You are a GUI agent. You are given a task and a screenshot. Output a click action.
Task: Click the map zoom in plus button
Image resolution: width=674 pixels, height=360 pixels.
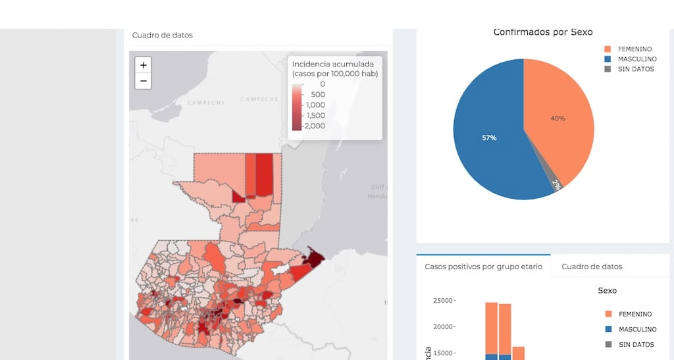pyautogui.click(x=143, y=65)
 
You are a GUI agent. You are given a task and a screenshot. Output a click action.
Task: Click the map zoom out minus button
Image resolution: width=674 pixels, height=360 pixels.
pyautogui.click(x=143, y=81)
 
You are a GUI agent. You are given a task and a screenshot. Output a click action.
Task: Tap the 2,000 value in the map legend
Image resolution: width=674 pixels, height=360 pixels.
pyautogui.click(x=314, y=126)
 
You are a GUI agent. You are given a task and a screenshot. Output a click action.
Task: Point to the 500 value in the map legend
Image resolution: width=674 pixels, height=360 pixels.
pyautogui.click(x=317, y=94)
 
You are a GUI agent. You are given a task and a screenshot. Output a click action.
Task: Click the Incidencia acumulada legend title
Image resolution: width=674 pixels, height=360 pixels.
pyautogui.click(x=334, y=64)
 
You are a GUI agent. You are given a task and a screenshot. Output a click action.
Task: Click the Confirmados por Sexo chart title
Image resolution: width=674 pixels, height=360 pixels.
pyautogui.click(x=543, y=32)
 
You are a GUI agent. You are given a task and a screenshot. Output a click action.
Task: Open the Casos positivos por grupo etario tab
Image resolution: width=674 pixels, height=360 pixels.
pyautogui.click(x=484, y=267)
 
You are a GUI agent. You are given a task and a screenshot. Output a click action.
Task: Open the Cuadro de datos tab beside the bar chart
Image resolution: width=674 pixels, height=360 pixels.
pyautogui.click(x=591, y=267)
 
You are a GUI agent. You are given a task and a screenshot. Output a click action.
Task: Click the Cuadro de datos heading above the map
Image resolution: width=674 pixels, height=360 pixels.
pyautogui.click(x=163, y=35)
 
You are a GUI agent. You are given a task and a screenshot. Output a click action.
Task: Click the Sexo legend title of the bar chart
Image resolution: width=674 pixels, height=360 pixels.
pyautogui.click(x=607, y=290)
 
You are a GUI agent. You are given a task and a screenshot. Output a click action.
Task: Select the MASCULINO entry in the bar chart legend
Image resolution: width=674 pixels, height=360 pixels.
pyautogui.click(x=635, y=329)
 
